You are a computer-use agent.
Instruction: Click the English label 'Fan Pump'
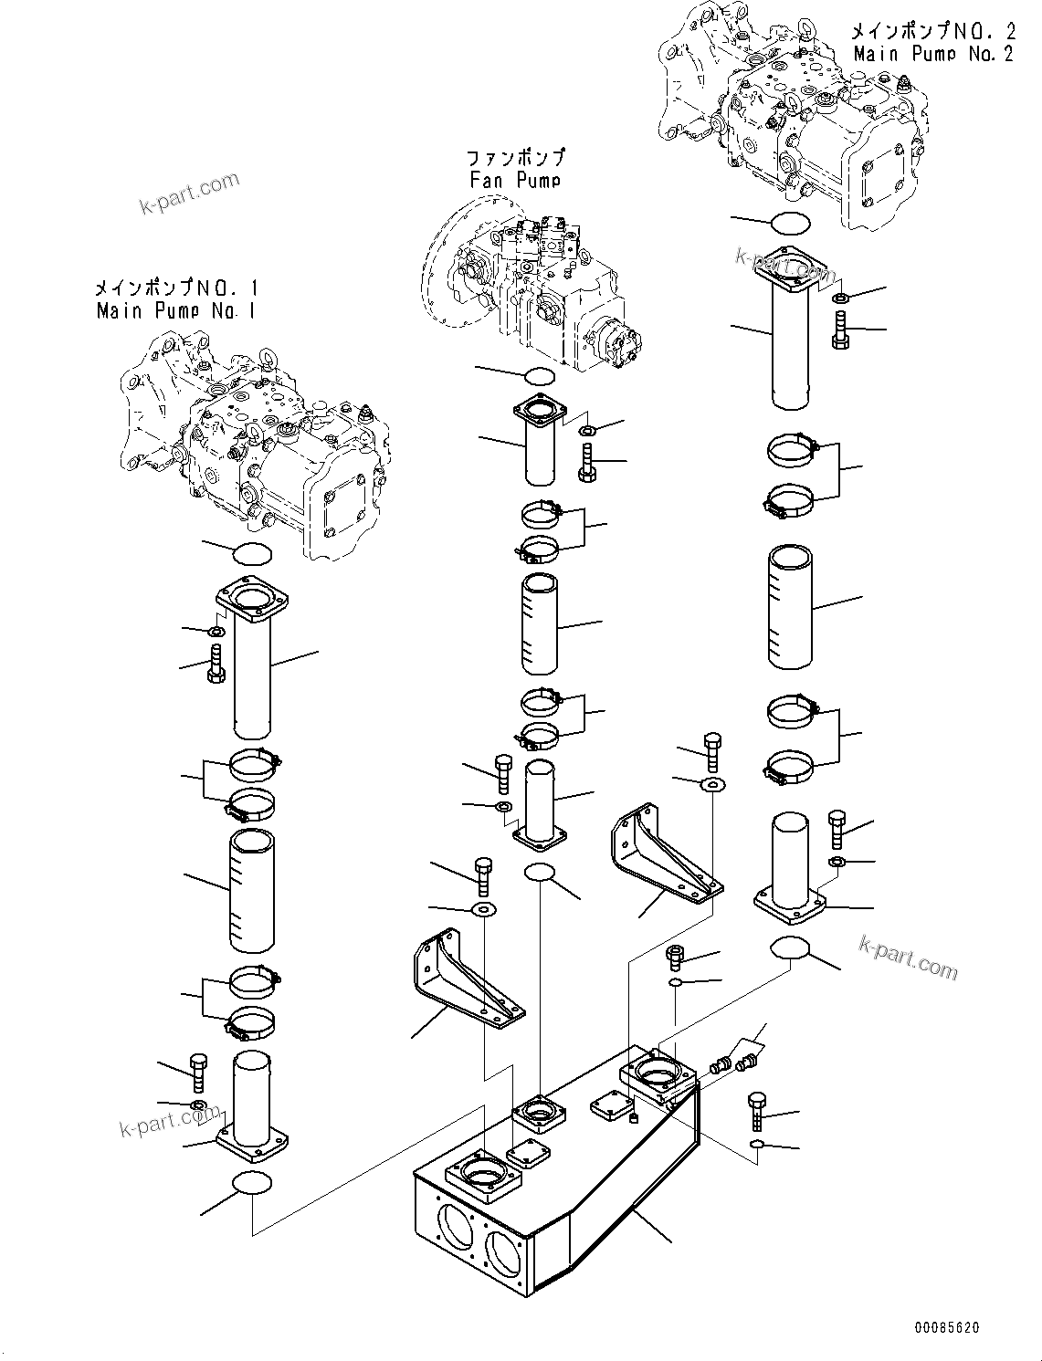[x=515, y=180]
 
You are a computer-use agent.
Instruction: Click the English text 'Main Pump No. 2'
[x=932, y=54]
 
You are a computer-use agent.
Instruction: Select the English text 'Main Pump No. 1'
[x=175, y=310]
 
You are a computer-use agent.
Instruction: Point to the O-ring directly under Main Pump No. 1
[x=253, y=553]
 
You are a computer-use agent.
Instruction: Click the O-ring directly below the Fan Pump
[x=540, y=375]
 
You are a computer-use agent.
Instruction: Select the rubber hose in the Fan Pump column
[x=540, y=623]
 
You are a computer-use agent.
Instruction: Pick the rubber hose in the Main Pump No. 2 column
[x=790, y=604]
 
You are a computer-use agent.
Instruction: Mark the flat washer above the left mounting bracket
[x=483, y=909]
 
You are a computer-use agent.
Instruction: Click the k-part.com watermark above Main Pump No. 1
[x=189, y=194]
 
